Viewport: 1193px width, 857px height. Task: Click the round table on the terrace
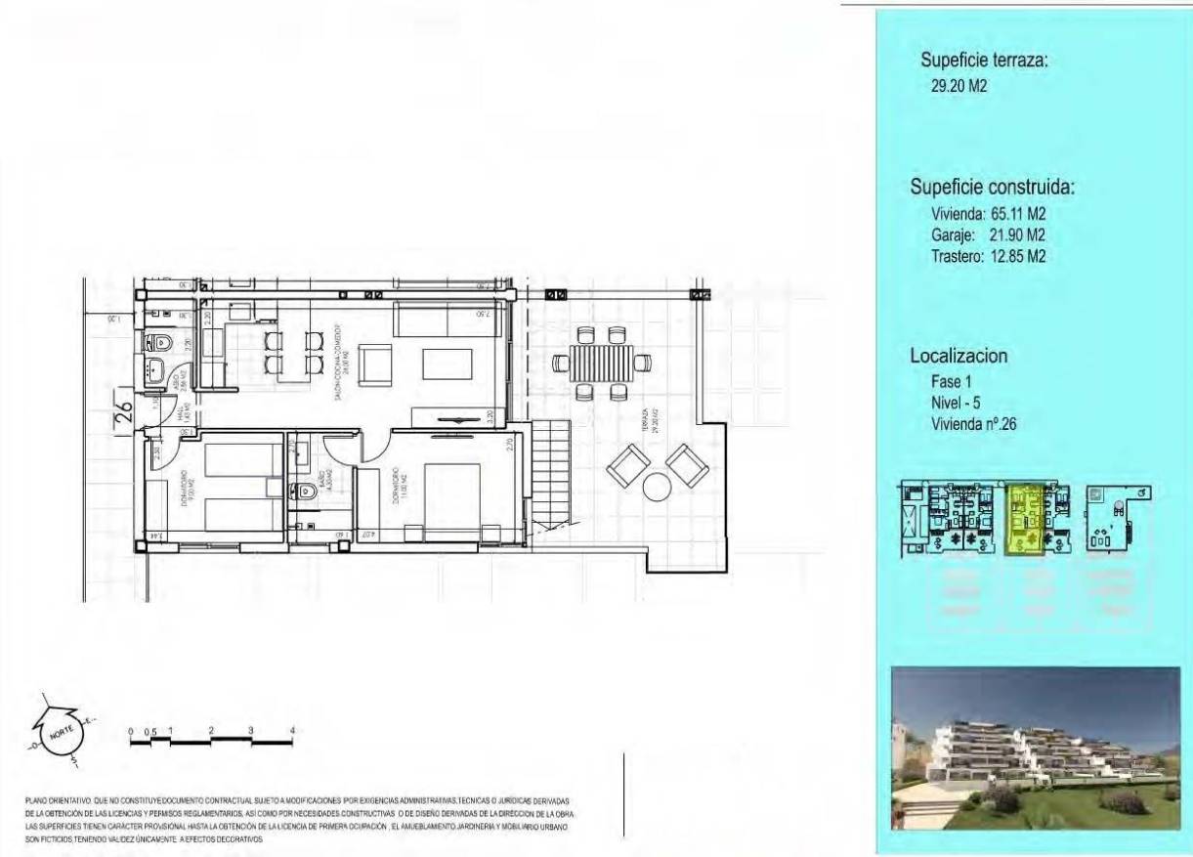tap(658, 486)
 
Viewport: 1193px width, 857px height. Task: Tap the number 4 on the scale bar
tap(292, 731)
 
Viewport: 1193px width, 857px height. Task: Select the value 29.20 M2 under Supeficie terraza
tap(959, 86)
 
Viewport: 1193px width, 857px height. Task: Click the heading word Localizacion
tap(959, 357)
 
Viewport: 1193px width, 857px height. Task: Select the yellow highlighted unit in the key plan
tap(1026, 519)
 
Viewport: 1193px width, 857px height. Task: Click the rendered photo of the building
tap(1036, 747)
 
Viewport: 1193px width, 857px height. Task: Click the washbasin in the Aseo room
tap(156, 371)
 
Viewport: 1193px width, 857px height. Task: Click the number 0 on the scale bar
tap(130, 731)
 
